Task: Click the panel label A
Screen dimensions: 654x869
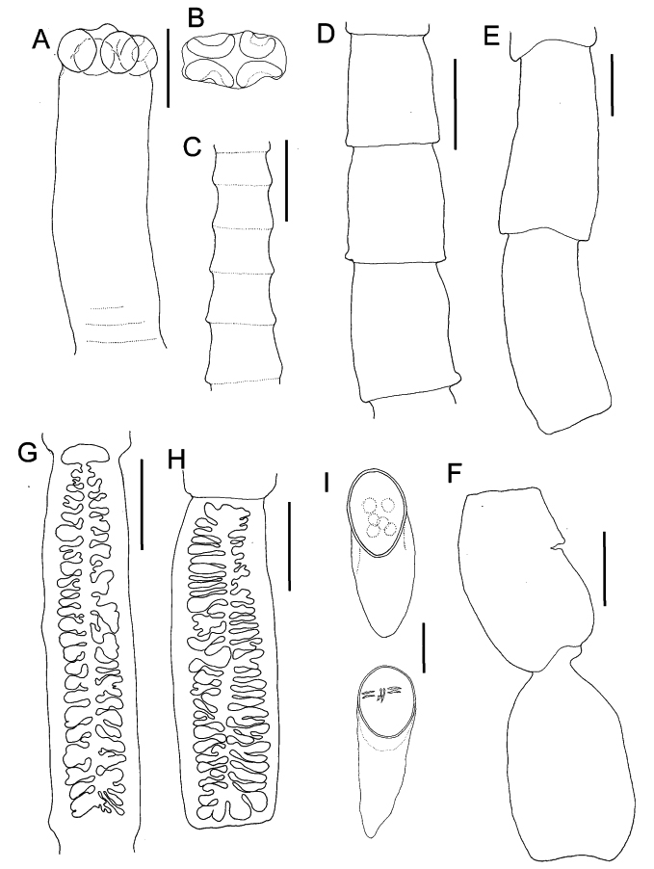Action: click(x=41, y=39)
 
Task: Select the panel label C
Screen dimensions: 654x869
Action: click(x=192, y=147)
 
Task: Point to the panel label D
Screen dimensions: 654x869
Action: click(x=327, y=35)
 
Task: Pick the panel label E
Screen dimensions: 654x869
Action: click(x=490, y=37)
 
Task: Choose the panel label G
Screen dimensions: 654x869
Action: click(x=28, y=453)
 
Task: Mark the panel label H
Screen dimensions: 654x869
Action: click(x=175, y=460)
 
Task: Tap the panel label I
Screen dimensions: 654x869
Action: click(x=327, y=484)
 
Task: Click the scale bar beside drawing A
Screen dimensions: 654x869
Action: click(x=168, y=68)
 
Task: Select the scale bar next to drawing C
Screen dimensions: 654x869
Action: click(x=286, y=181)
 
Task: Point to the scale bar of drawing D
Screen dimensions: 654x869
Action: click(x=455, y=105)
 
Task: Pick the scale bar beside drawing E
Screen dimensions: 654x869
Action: click(x=612, y=85)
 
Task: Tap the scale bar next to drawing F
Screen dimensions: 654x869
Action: click(x=604, y=568)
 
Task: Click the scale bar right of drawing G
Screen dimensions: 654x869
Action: click(x=142, y=504)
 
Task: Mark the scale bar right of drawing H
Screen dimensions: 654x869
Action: click(x=289, y=546)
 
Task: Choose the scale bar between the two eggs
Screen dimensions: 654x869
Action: click(x=424, y=647)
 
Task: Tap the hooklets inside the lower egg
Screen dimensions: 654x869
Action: click(x=380, y=693)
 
